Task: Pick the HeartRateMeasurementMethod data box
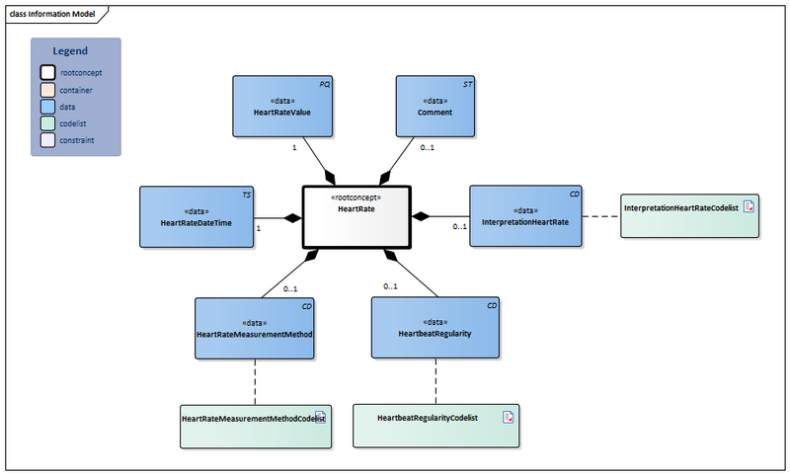point(255,328)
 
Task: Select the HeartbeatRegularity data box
point(435,328)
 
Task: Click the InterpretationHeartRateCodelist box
point(689,215)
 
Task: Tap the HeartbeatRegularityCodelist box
point(435,426)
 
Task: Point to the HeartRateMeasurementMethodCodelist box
point(254,426)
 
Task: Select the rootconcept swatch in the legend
point(47,72)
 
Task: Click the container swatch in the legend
point(47,89)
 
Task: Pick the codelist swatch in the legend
point(47,123)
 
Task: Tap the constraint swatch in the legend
point(47,140)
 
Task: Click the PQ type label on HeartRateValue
point(324,85)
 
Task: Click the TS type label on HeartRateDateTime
point(247,195)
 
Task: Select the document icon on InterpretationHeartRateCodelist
point(748,206)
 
